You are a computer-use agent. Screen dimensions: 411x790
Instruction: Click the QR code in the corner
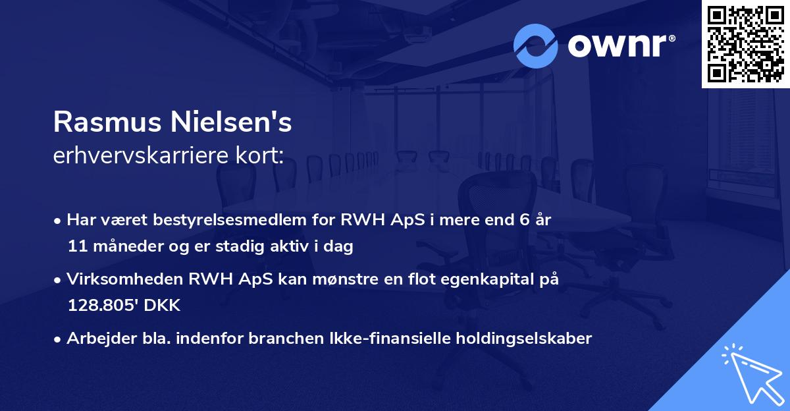tap(745, 43)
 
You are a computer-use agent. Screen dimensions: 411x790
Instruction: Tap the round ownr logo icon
tap(535, 45)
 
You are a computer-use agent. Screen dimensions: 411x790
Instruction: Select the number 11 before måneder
tap(76, 247)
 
